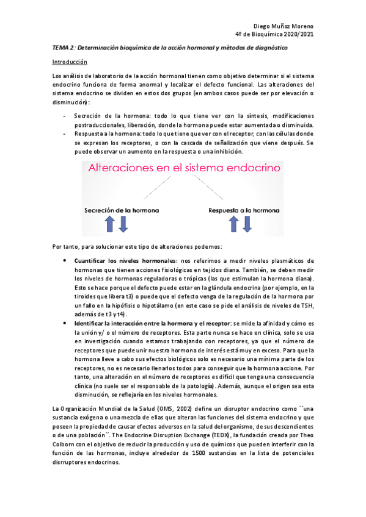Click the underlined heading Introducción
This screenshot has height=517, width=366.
pos(70,62)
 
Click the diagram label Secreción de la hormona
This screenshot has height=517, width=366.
pos(122,210)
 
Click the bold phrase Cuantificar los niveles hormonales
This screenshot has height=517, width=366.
pos(116,261)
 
